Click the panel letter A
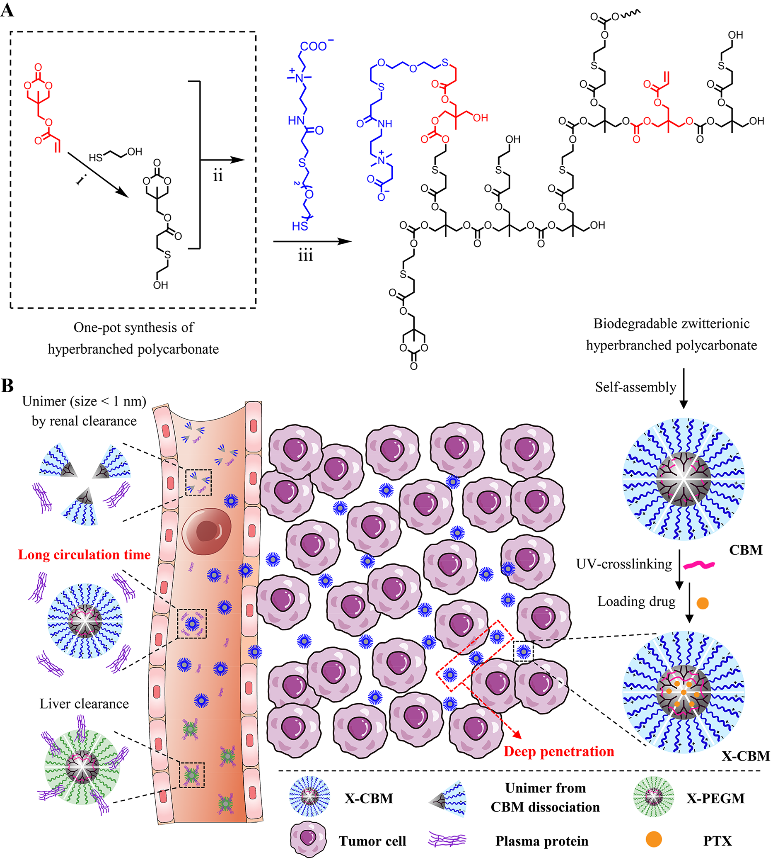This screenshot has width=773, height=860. [x=7, y=10]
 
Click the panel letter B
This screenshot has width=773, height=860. [x=7, y=386]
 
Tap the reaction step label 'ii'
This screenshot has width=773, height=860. [x=218, y=175]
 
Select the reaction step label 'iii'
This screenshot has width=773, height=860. [x=305, y=256]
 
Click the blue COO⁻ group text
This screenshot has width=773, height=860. [x=315, y=46]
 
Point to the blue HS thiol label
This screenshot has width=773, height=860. [x=300, y=226]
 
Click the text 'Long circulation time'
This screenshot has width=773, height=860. [x=84, y=555]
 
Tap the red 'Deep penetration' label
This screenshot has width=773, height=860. [x=559, y=752]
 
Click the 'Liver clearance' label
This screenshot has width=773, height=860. [x=84, y=704]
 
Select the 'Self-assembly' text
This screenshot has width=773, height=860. [x=635, y=387]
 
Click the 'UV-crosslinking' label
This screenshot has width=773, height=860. [x=624, y=564]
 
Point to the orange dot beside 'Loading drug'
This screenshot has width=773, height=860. [x=703, y=603]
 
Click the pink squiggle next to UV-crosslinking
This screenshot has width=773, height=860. [x=699, y=565]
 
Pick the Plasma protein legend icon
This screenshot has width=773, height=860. [x=447, y=840]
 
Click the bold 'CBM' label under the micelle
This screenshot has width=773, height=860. [x=745, y=550]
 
